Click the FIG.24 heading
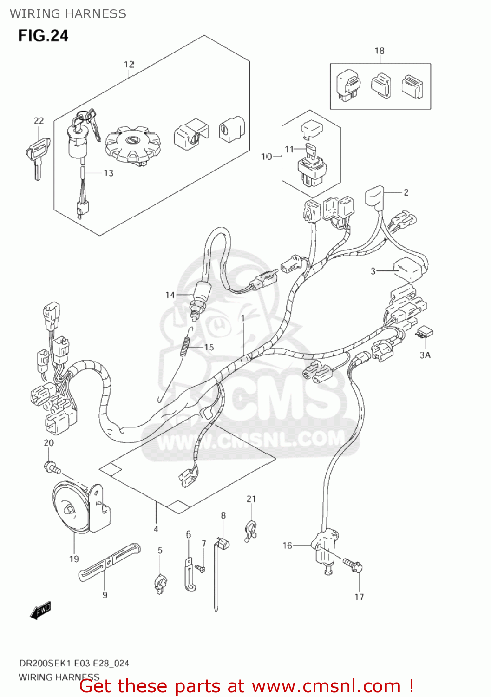(x=43, y=36)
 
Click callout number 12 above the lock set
(x=129, y=64)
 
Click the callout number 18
(x=380, y=51)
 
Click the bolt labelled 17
(x=354, y=565)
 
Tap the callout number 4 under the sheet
(x=156, y=529)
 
